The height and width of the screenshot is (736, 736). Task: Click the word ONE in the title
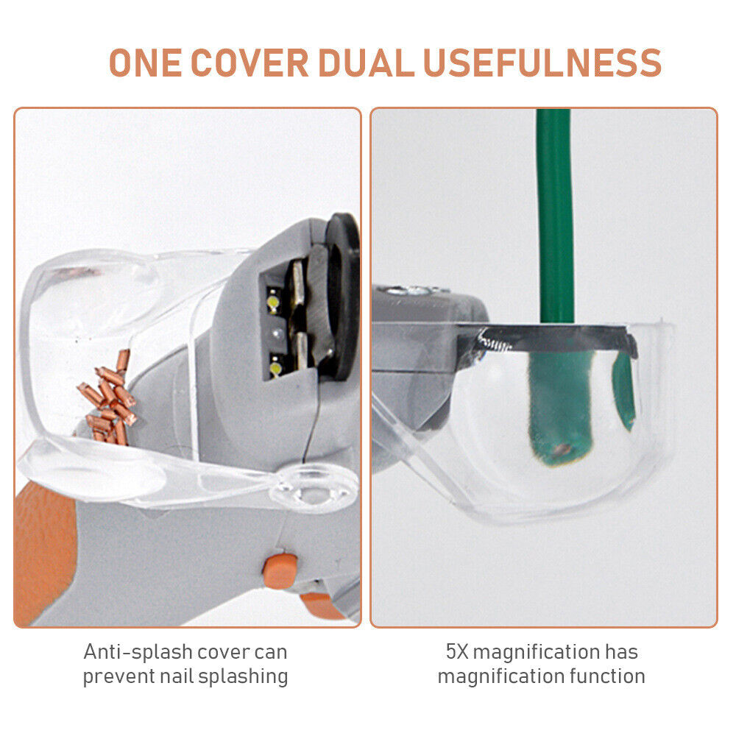click(145, 63)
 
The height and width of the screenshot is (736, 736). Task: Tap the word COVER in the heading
click(250, 63)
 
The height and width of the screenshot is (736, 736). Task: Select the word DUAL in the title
click(366, 63)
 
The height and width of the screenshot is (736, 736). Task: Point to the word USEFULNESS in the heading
click(542, 63)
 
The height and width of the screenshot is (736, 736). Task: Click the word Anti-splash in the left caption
click(138, 651)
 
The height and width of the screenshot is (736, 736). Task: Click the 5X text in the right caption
click(457, 651)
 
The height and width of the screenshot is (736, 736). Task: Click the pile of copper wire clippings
click(108, 399)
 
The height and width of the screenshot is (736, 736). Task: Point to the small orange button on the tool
click(280, 571)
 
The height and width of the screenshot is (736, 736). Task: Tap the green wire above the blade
click(555, 216)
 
